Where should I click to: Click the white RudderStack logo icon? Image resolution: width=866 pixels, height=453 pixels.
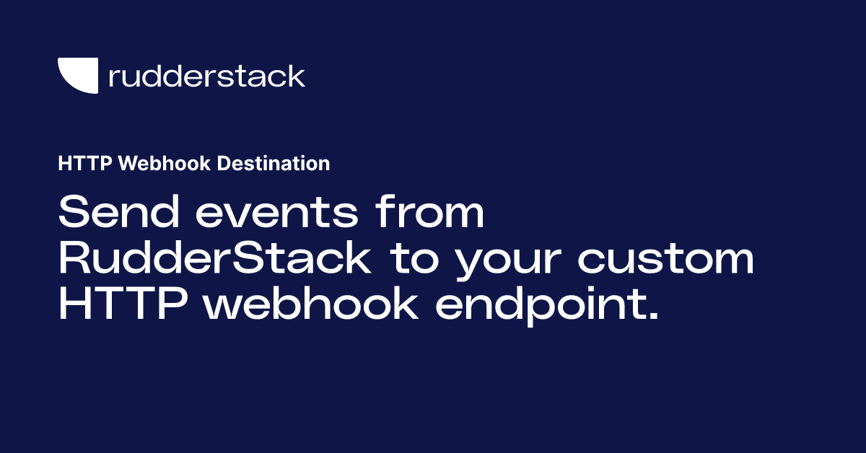coord(77,76)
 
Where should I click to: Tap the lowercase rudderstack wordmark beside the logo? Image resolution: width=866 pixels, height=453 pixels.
coord(206,76)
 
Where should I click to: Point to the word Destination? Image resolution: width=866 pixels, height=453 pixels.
coord(274,164)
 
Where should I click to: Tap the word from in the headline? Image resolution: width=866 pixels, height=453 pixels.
coord(432,214)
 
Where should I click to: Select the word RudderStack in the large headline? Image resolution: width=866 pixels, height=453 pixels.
coord(214,260)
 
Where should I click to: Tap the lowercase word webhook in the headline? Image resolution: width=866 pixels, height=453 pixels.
coord(311,305)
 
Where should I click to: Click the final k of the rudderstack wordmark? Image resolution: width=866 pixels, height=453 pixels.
coord(296,75)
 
